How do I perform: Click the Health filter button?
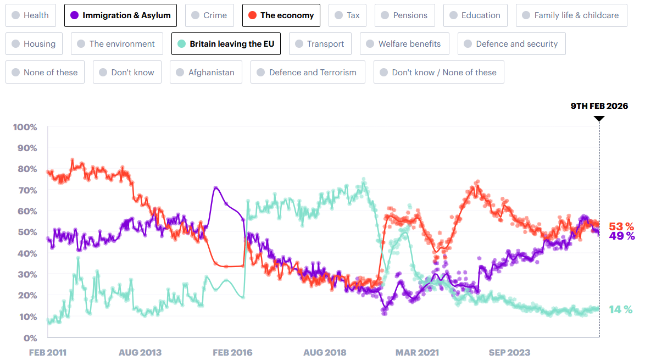coord(31,15)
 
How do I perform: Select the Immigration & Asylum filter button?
coord(120,15)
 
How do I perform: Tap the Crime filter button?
coord(209,15)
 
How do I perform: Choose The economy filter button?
coord(281,15)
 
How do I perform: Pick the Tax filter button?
coord(347,15)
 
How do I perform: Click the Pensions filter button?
coord(405,15)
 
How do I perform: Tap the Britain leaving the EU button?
coord(226,44)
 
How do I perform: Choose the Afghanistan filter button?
coord(205,73)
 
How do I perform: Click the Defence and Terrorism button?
coord(307,73)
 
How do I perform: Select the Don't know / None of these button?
coord(438,73)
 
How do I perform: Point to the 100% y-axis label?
coord(25,128)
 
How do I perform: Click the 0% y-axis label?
coord(29,338)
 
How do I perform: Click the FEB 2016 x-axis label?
coord(233,352)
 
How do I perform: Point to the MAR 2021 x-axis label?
coord(417,352)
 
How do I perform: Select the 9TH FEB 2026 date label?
coord(599,106)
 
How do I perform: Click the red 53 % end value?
coord(621,226)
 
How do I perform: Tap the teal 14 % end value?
coord(621,309)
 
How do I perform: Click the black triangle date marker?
coord(599,118)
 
